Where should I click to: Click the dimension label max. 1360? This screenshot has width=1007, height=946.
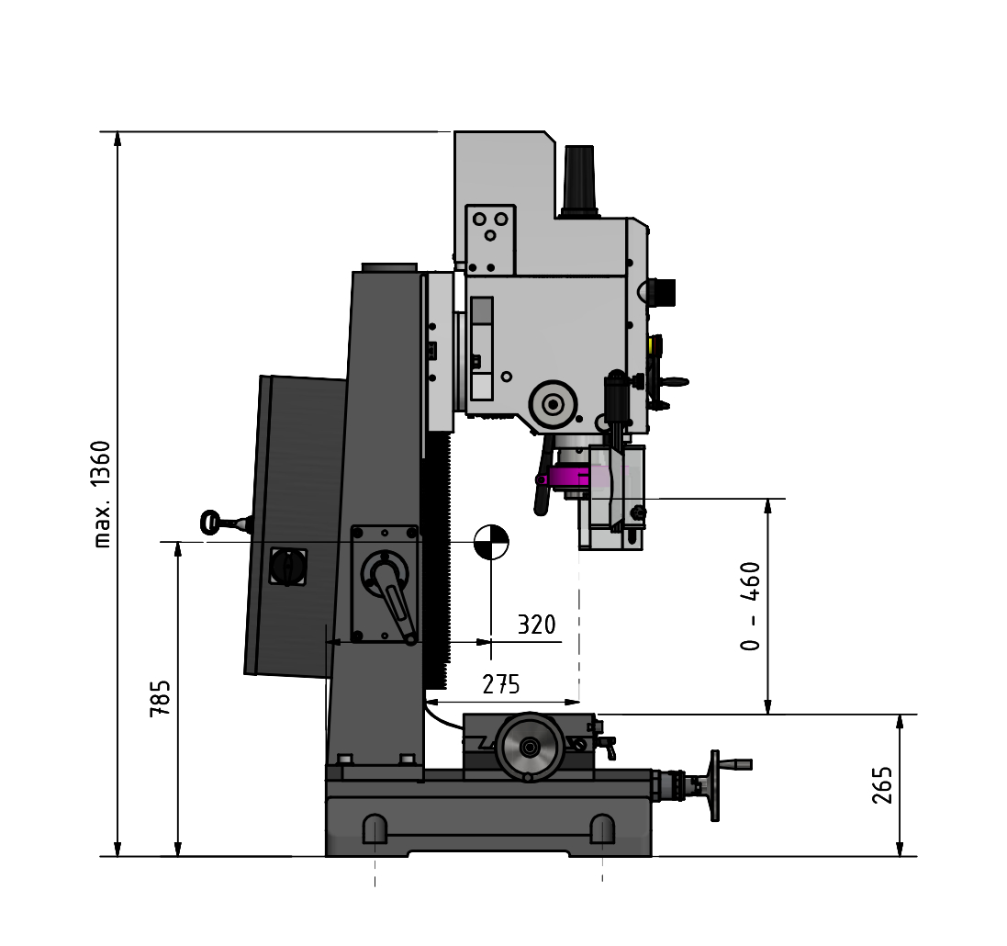point(103,493)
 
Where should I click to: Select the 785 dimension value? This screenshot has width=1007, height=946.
point(160,698)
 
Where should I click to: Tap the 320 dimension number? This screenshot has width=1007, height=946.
point(536,625)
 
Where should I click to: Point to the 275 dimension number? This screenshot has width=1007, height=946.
point(501,685)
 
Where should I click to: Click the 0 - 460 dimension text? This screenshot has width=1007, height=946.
point(750,606)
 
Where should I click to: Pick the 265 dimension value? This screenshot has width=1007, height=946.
point(882,784)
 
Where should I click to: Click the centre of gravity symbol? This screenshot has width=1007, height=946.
point(491,543)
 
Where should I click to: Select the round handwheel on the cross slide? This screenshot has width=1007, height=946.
point(529,748)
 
